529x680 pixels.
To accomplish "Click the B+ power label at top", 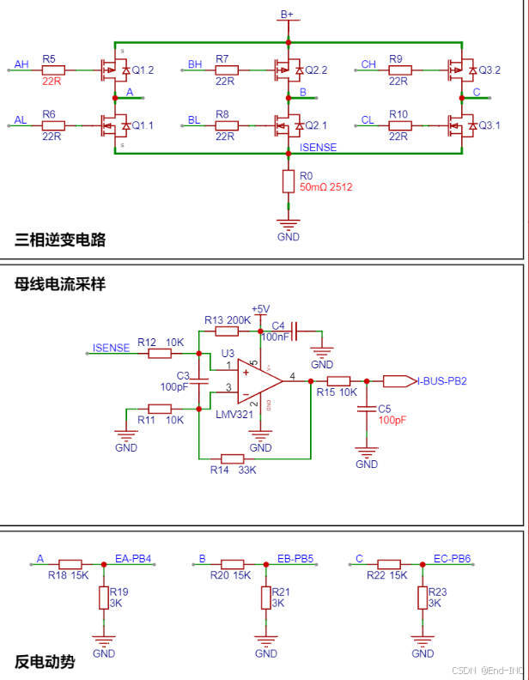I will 288,15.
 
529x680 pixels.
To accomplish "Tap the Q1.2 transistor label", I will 143,70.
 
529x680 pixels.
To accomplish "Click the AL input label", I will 21,120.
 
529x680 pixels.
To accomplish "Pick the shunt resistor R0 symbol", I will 289,180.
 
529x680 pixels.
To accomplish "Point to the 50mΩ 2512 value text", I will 325,186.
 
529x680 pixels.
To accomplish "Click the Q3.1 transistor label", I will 489,125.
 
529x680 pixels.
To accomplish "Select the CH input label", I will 368,64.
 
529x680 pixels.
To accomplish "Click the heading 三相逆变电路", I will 60,240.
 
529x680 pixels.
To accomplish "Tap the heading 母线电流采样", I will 60,283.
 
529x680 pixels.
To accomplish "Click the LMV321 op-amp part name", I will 233,415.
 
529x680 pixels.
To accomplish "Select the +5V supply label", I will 260,309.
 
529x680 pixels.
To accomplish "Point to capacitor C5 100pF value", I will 392,421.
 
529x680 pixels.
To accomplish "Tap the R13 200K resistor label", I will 228,319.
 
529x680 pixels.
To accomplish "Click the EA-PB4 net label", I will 133,559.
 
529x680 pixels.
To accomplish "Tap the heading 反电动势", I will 45,662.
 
